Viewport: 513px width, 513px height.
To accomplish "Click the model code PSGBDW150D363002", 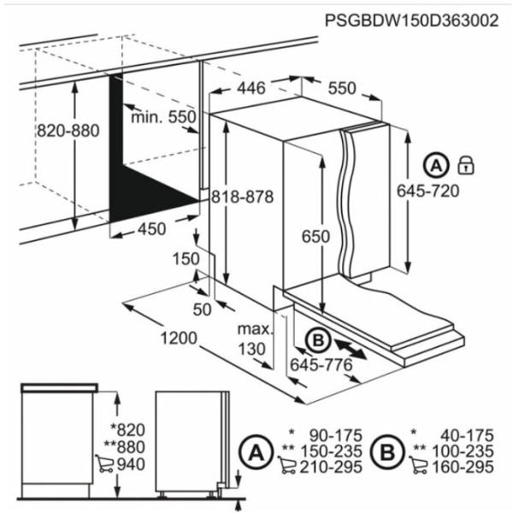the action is click(411, 21).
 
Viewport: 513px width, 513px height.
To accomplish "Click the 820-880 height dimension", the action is click(68, 131).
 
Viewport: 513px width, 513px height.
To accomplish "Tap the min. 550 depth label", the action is click(163, 117).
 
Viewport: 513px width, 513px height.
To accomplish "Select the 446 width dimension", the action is click(251, 88).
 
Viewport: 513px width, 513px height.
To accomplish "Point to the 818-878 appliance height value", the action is click(243, 197).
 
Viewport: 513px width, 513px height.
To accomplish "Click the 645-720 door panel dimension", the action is click(428, 191).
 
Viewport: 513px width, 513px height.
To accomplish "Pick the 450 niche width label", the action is click(152, 229).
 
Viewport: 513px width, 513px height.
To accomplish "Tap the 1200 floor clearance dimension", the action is click(179, 338).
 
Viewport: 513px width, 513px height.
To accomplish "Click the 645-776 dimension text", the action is click(321, 364).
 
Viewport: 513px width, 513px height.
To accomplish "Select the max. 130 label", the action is click(255, 339).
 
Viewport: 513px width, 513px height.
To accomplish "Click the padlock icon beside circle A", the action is click(466, 164).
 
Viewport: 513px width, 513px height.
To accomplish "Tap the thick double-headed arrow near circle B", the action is click(350, 350).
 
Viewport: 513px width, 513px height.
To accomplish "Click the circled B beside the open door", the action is click(318, 341).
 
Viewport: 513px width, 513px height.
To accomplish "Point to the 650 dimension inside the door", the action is click(315, 237).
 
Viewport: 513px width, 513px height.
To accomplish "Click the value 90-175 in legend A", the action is click(336, 435).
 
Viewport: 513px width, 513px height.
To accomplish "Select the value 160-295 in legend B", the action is click(463, 467).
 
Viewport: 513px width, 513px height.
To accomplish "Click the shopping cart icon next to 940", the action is click(104, 463).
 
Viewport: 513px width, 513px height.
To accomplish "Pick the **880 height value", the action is click(124, 447).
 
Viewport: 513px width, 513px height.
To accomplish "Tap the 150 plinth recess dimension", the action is click(186, 259).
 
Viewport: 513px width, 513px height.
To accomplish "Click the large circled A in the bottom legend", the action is click(255, 453).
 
